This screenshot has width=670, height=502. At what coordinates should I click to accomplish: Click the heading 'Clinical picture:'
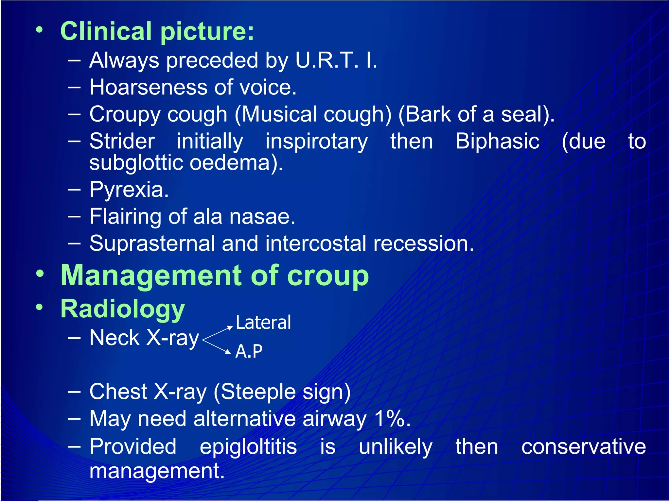(157, 32)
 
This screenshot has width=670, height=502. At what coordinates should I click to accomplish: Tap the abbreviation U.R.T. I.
(336, 60)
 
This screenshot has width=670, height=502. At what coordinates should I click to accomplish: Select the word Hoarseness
(149, 88)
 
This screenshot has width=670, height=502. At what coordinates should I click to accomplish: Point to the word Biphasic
(497, 142)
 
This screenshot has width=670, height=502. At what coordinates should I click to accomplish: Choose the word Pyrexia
(129, 190)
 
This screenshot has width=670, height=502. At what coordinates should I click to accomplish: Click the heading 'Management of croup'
(215, 276)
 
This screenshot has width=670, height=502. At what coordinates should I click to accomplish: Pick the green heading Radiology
(123, 309)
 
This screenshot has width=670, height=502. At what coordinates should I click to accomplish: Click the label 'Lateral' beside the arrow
(263, 323)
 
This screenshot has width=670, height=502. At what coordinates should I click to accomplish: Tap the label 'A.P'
(249, 352)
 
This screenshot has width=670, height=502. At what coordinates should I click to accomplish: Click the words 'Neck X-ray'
(144, 338)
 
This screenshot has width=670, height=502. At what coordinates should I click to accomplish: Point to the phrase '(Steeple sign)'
(282, 392)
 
